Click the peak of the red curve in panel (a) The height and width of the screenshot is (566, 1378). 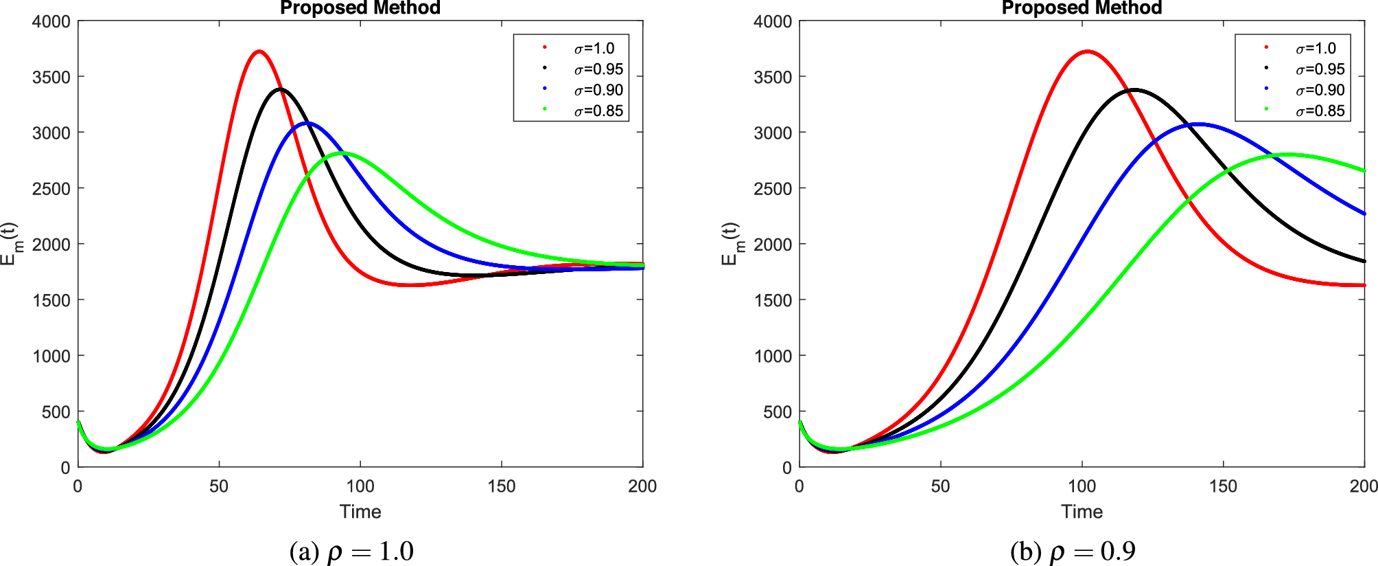click(259, 51)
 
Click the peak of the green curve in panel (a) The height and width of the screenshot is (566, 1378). click(342, 152)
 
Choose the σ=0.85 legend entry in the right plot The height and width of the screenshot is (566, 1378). click(1320, 111)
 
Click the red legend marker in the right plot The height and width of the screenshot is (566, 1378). click(1266, 47)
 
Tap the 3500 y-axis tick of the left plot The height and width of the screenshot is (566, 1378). click(51, 77)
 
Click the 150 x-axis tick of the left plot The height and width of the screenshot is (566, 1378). click(502, 486)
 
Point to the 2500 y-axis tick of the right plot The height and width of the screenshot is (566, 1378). click(773, 188)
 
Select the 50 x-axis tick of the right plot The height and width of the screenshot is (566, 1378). click(941, 486)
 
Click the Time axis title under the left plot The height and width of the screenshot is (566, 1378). click(360, 512)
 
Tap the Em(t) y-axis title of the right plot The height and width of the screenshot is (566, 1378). click(731, 244)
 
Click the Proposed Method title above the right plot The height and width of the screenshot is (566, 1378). click(1082, 8)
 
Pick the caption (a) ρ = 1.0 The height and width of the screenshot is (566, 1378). click(351, 552)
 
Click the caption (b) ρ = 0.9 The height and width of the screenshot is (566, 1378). click(1073, 552)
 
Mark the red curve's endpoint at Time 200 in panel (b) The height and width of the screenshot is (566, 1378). click(1364, 285)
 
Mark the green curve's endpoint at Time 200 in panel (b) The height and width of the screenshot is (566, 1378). click(1364, 170)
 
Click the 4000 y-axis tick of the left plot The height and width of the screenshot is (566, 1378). click(51, 21)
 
